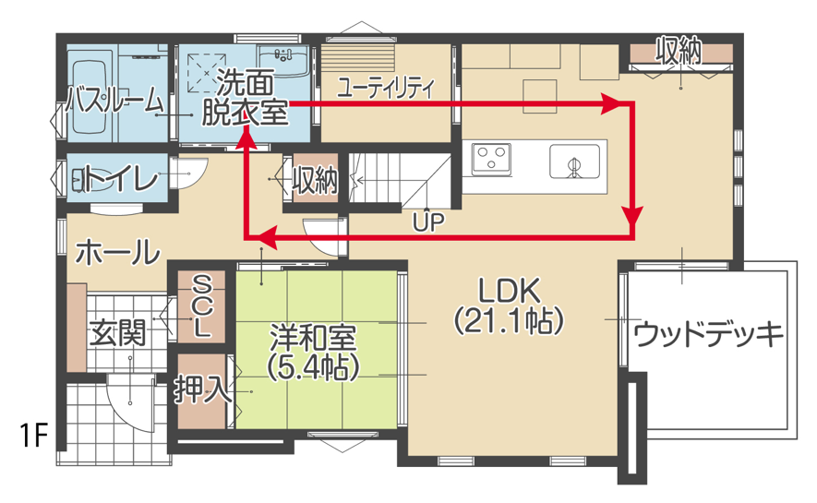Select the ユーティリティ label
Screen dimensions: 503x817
coord(386,88)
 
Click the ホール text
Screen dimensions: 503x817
coord(117,250)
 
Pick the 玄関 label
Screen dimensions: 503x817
coord(117,333)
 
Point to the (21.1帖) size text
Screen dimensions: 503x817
coord(508,321)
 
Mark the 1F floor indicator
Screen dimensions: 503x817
coord(32,436)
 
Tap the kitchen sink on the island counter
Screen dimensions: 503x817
coord(574,163)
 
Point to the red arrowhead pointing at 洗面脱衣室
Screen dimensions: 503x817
coord(246,138)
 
